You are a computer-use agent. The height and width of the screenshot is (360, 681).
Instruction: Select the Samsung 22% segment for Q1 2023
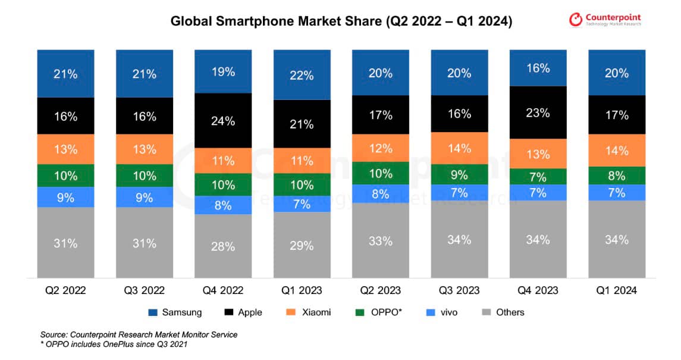point(302,75)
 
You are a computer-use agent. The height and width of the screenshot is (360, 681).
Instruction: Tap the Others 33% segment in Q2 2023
point(381,240)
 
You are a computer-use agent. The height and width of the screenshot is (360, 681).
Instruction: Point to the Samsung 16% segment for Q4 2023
point(538,68)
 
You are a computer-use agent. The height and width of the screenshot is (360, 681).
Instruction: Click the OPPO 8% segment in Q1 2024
point(617,176)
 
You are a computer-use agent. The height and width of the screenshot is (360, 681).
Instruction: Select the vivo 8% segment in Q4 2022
point(223,205)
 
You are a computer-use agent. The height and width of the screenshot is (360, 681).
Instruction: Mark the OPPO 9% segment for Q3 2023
point(459,174)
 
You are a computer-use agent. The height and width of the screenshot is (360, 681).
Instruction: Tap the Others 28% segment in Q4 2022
point(223,246)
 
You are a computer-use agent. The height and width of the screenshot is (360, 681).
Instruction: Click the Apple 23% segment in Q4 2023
point(538,112)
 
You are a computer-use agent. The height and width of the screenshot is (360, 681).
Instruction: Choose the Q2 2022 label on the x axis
point(65,290)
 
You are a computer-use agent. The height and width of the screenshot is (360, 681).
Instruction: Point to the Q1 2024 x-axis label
point(617,290)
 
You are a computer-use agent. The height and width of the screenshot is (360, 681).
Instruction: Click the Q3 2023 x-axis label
point(459,290)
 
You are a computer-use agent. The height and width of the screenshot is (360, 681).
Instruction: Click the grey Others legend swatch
point(486,312)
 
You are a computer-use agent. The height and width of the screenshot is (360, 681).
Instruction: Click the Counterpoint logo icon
point(576,20)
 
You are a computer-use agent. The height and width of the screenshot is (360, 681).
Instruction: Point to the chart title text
point(341,21)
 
